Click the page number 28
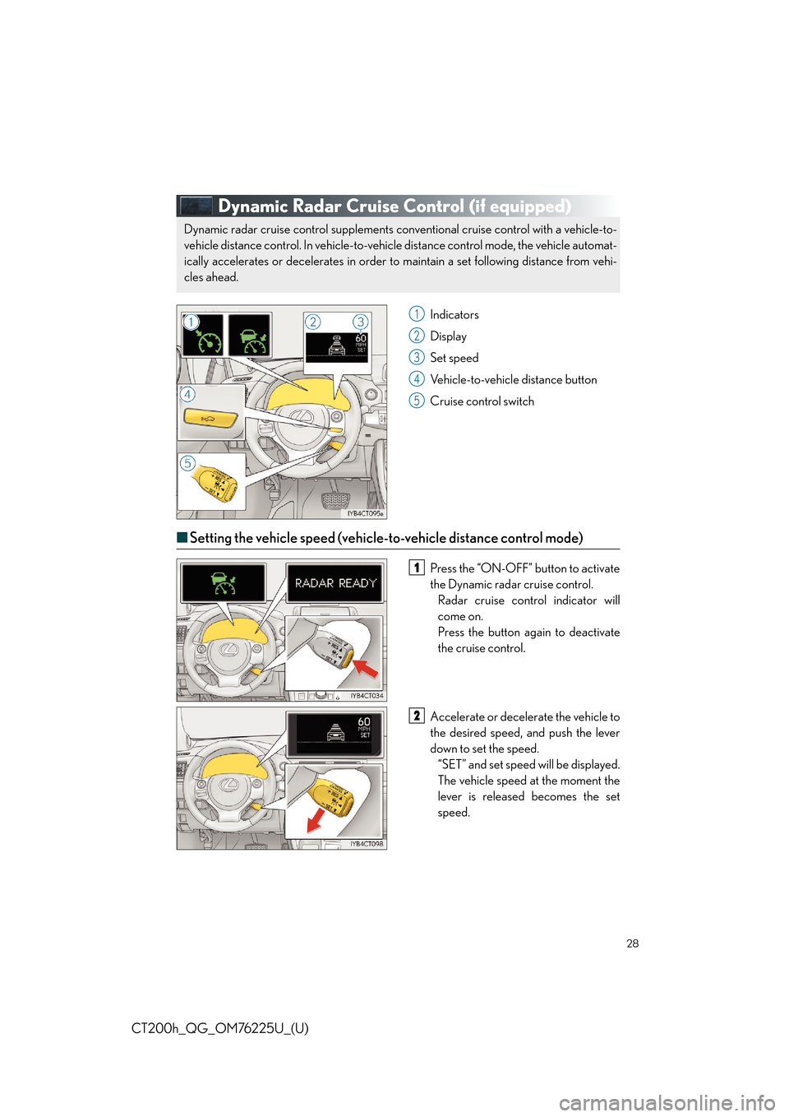pos(632,943)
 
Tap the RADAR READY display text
pos(335,583)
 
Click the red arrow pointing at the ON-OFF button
pos(366,667)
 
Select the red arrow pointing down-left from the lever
pos(313,819)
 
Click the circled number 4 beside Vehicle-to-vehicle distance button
pos(417,379)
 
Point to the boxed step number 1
pos(417,568)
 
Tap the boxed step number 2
pos(417,716)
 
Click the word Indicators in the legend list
pos(454,315)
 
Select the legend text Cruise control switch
pos(482,401)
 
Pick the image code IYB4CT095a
pos(365,513)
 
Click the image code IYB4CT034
pos(367,696)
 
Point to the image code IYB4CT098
pos(367,844)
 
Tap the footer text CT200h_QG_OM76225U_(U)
pos(219,1028)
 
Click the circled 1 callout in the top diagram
pos(191,322)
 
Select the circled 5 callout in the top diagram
pos(187,463)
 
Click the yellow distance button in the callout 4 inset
pos(210,419)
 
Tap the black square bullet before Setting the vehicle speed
pos(182,537)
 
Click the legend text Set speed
pos(454,358)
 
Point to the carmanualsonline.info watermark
pos(667,1102)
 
